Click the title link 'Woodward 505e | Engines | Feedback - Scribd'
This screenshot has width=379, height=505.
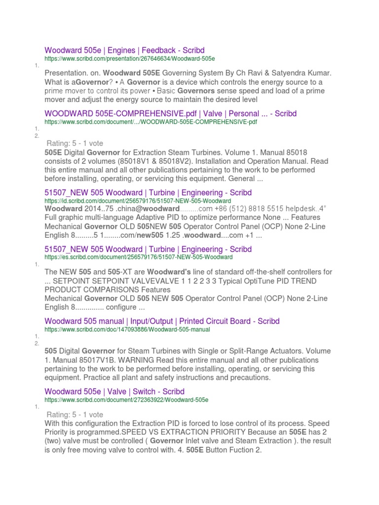tap(124, 50)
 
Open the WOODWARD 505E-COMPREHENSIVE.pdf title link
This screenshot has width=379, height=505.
tap(170, 113)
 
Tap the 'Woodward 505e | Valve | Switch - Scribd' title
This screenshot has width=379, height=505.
tap(114, 391)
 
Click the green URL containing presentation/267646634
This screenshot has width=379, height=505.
tap(130, 59)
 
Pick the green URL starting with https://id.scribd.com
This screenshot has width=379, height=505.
tap(138, 201)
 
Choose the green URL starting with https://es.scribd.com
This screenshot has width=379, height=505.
tap(138, 257)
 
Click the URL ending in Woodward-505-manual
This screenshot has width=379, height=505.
tap(127, 329)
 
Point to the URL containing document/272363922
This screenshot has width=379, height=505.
tap(126, 399)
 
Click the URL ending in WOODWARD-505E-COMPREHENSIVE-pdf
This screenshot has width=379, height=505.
tap(151, 121)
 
